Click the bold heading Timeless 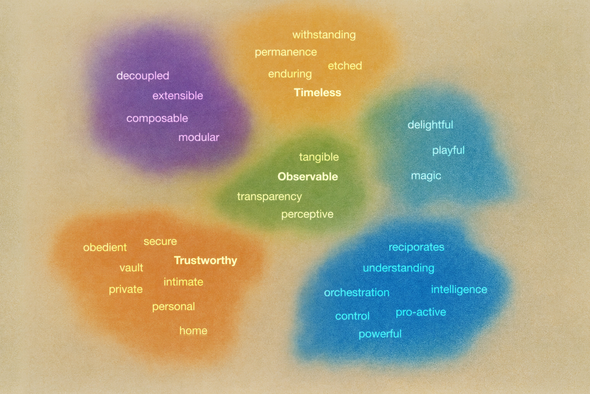[x=318, y=92]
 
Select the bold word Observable [x=308, y=177]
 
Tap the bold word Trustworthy [x=205, y=260]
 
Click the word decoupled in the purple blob [x=143, y=76]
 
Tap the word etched [x=345, y=66]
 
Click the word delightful [x=430, y=125]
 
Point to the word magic [x=426, y=176]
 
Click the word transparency [x=269, y=197]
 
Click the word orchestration [x=357, y=293]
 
